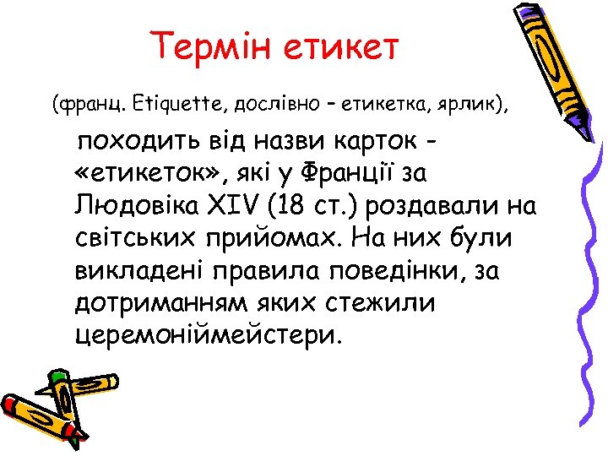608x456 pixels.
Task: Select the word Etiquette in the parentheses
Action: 174,106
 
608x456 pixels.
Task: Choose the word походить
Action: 144,142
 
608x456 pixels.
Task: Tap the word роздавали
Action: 445,206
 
